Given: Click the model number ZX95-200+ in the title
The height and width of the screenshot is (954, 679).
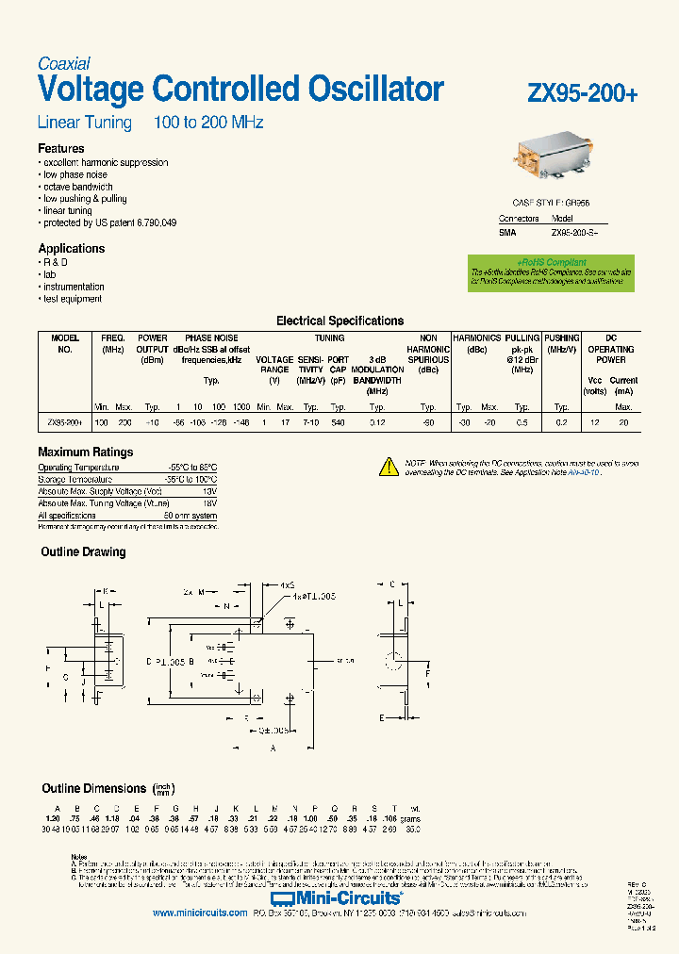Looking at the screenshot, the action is (x=583, y=93).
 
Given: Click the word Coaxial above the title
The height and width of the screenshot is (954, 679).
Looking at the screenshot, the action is (x=64, y=63).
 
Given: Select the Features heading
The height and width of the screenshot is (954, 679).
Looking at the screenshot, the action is (x=61, y=149).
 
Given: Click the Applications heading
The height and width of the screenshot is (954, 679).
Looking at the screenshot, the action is (x=72, y=249).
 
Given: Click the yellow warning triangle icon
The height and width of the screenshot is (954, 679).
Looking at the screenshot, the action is (x=389, y=465).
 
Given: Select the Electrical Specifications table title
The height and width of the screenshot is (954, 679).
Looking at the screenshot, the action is (x=339, y=321).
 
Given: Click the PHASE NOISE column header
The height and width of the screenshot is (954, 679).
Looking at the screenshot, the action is (x=211, y=337).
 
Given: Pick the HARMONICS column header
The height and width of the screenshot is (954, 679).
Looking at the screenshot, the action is (x=477, y=337).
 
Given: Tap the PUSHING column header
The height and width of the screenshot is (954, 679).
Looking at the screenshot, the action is (x=562, y=337).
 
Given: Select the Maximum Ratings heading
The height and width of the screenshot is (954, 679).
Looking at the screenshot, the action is (x=86, y=452).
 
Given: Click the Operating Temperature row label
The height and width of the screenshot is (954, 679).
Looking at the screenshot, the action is (x=78, y=468).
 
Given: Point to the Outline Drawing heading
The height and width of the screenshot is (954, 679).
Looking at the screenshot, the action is (x=83, y=552).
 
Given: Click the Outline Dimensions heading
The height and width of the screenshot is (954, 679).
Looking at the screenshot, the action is (x=93, y=788).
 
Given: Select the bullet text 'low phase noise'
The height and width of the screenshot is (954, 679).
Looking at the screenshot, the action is (x=75, y=175).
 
